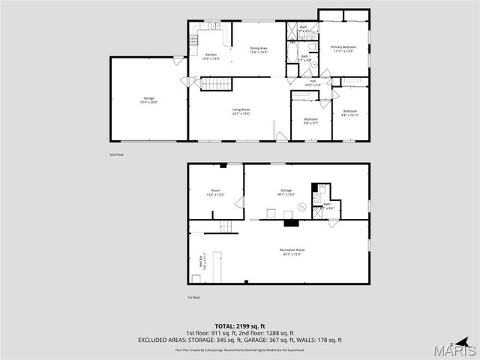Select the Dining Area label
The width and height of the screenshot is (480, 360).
point(259,50)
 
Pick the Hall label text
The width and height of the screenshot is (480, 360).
point(313,83)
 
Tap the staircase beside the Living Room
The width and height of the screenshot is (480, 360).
point(213,83)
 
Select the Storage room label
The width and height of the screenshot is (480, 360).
point(286,192)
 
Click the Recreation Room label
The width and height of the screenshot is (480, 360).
point(292,251)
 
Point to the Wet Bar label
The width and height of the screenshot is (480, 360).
point(201,263)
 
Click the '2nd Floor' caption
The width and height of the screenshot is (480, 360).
point(116,154)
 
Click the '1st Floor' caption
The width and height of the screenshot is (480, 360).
point(193,298)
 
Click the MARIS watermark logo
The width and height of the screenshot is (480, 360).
point(457,349)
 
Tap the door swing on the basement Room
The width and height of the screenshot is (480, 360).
point(239,202)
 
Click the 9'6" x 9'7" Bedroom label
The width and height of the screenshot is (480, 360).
point(310,121)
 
